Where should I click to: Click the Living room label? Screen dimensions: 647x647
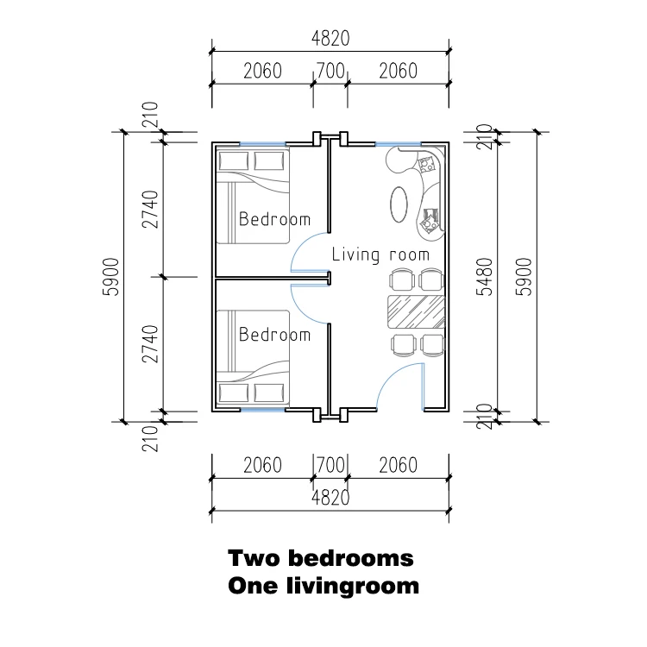[380, 254]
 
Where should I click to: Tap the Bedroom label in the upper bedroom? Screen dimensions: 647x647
[274, 219]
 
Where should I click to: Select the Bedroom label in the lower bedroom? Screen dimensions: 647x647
[274, 334]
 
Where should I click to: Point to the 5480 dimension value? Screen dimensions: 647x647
[485, 276]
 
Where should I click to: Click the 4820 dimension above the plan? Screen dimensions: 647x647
[330, 38]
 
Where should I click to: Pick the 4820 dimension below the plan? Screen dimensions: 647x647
[330, 497]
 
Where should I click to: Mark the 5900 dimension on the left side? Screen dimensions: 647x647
[110, 276]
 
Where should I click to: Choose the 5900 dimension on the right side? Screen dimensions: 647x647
[524, 276]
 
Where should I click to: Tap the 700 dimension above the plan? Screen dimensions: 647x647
[330, 71]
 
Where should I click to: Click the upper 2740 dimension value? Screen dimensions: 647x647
[150, 210]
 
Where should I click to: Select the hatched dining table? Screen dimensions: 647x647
[416, 311]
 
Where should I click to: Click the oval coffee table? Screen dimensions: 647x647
[399, 204]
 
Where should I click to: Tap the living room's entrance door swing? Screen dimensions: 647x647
[389, 378]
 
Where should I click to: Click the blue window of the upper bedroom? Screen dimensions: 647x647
[263, 144]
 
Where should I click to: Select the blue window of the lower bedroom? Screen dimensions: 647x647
[263, 410]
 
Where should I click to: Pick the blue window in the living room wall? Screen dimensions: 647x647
[399, 144]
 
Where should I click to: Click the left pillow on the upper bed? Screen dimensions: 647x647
[234, 160]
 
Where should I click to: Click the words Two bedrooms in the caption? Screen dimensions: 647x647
[321, 558]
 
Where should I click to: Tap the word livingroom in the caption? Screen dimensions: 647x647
[353, 587]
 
